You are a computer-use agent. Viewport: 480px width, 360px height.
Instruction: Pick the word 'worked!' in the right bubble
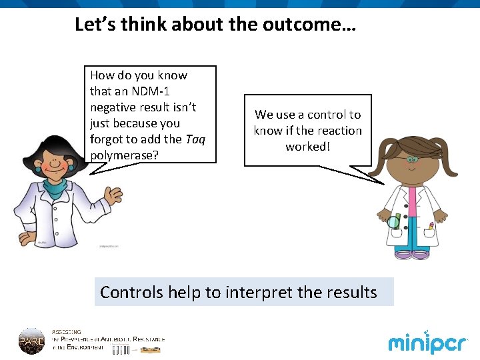click(307, 147)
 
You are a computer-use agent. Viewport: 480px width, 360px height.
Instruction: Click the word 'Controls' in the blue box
click(131, 292)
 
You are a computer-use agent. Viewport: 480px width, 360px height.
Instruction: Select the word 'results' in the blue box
click(351, 292)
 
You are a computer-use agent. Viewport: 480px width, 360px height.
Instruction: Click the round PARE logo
click(31, 340)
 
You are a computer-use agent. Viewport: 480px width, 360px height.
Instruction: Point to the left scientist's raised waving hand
click(113, 195)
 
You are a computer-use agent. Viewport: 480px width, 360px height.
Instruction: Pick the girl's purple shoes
click(411, 254)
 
